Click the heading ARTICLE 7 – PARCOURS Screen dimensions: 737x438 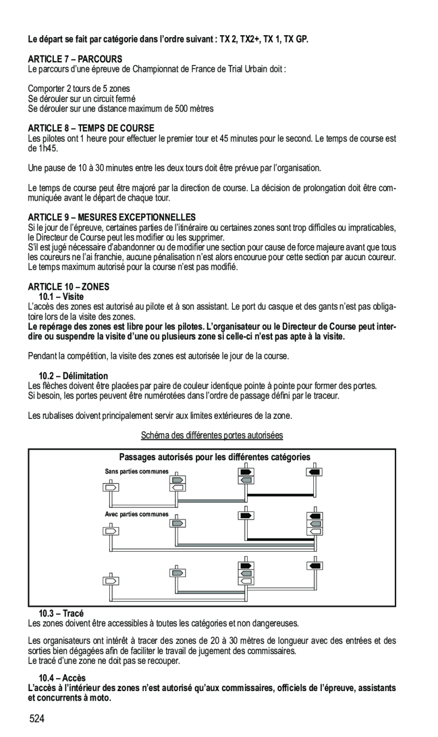(75, 59)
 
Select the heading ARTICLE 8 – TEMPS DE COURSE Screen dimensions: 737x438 (91, 128)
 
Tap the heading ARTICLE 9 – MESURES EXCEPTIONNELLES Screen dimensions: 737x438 (112, 217)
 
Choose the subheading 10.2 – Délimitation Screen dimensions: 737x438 (73, 376)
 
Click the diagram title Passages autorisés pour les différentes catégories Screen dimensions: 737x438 (215, 457)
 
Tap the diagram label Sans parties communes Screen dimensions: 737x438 (137, 472)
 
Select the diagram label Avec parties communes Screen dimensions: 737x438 (137, 514)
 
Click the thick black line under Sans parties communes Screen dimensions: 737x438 (280, 495)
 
